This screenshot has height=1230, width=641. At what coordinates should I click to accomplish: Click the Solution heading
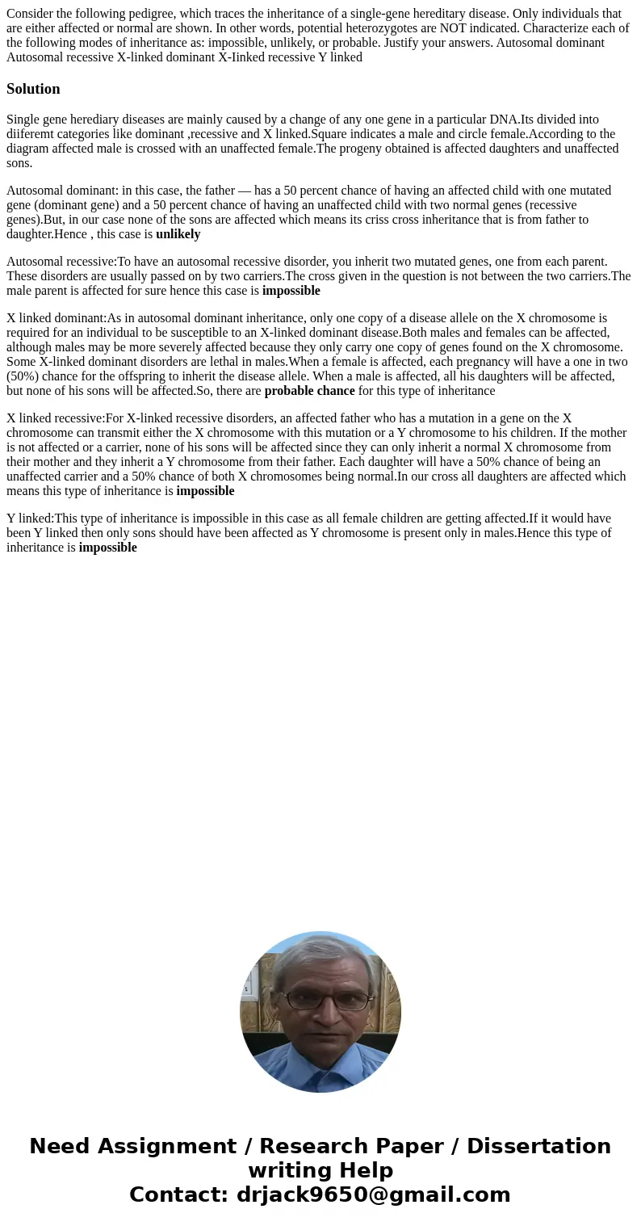pos(33,89)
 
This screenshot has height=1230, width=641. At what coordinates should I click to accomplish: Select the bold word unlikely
pos(178,234)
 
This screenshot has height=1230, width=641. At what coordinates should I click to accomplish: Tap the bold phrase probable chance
pos(309,391)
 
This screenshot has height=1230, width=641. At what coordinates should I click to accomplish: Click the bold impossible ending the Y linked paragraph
pos(107,548)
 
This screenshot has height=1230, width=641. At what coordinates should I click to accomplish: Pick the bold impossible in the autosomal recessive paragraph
pos(291,291)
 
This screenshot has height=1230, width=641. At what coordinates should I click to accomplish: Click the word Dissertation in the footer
pos(538,1146)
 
